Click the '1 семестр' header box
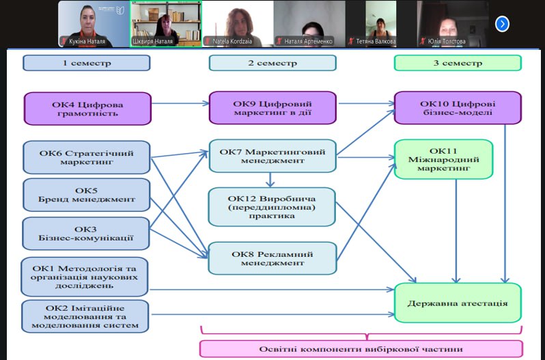[86, 63]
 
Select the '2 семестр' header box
[272, 63]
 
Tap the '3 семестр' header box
[458, 63]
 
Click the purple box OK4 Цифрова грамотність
[87, 109]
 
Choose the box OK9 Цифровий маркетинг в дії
[272, 109]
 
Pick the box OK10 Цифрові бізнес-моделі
[458, 108]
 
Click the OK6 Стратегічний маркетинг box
[86, 157]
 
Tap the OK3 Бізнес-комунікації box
[86, 234]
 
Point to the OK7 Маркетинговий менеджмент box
[272, 156]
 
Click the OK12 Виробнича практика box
[272, 206]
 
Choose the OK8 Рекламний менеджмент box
[272, 258]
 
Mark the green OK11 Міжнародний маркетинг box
[443, 159]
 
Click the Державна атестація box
[458, 303]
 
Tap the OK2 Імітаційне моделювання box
[86, 316]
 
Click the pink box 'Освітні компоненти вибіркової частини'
[361, 348]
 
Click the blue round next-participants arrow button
[502, 24]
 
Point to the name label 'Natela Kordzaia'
[234, 41]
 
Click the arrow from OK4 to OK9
[179, 104]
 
